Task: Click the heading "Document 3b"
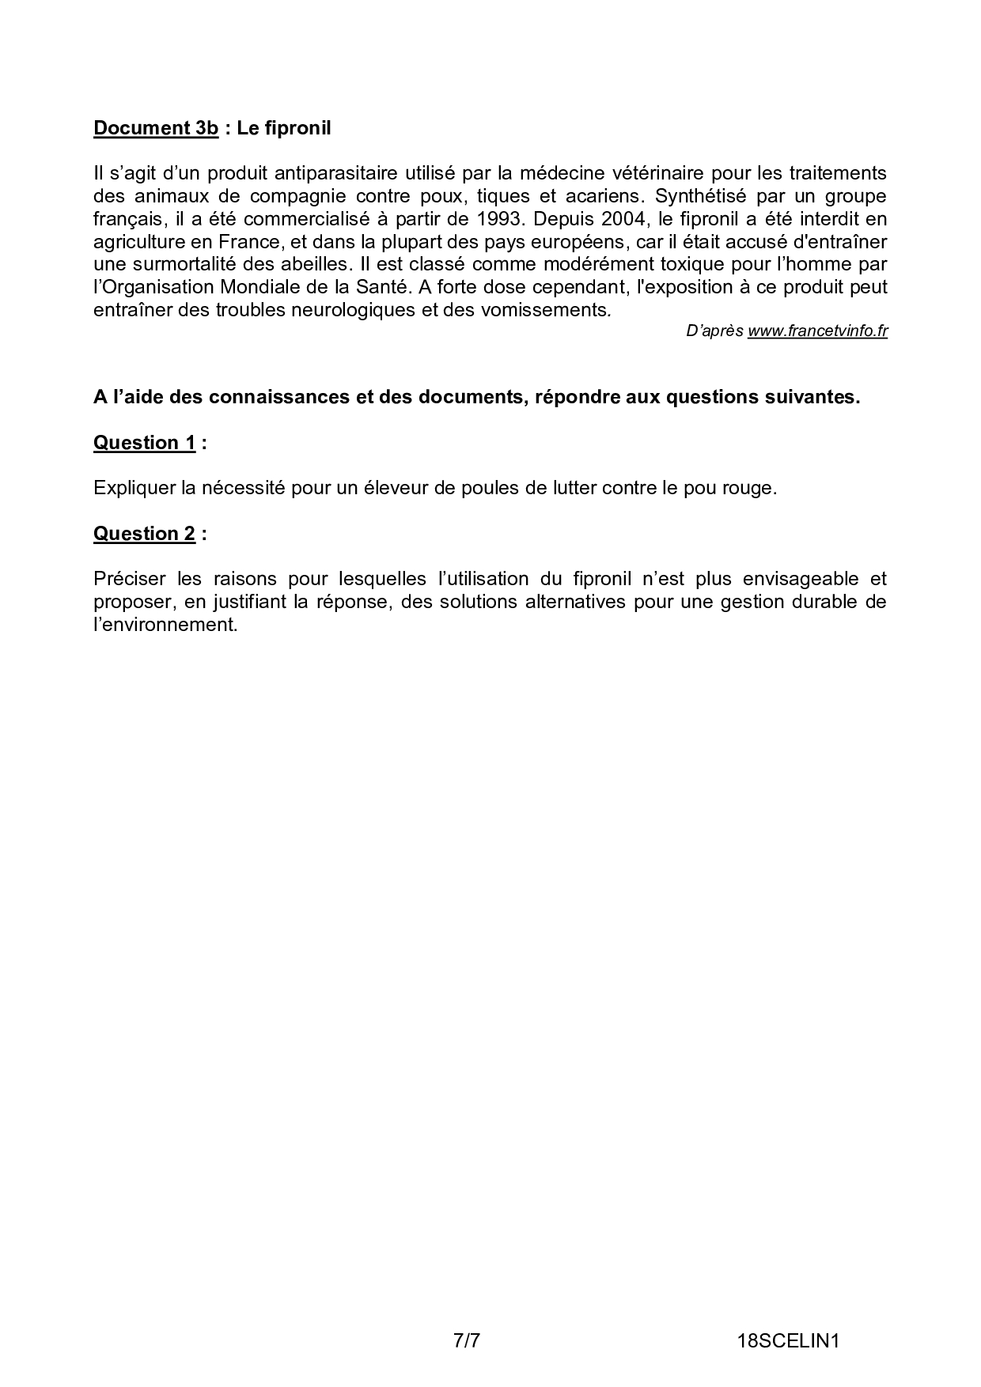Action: point(155,128)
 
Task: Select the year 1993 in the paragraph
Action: point(498,218)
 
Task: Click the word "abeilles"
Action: point(313,264)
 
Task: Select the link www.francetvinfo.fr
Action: point(817,331)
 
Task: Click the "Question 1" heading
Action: point(144,443)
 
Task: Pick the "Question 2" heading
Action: point(144,534)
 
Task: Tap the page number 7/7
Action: point(467,1318)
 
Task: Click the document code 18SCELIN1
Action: point(787,1318)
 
